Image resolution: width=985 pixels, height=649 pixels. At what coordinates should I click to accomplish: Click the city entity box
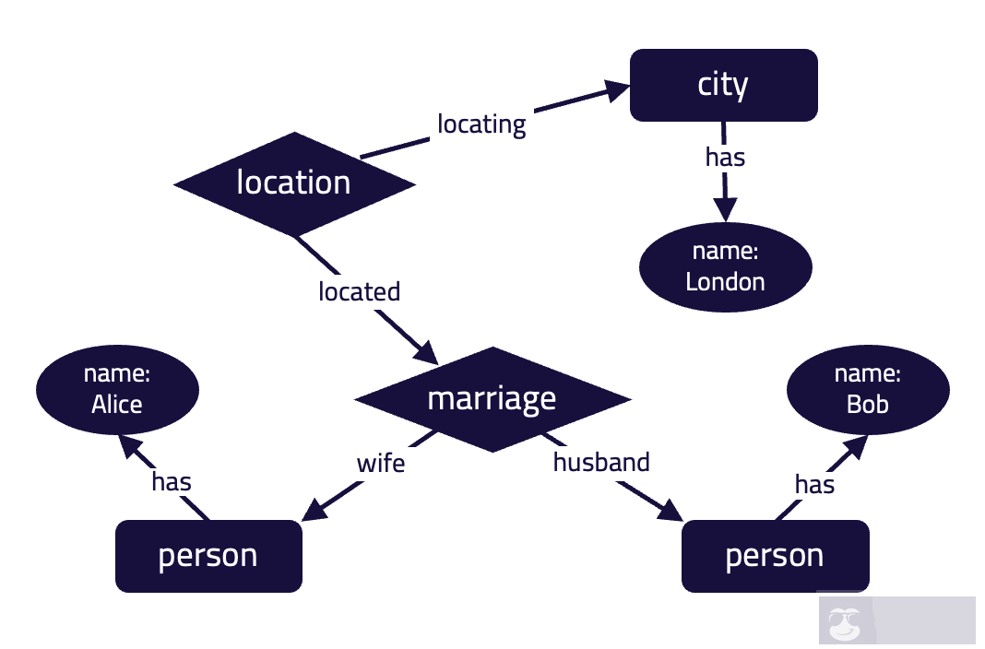pyautogui.click(x=723, y=85)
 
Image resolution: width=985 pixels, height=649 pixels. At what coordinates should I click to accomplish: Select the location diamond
pyautogui.click(x=294, y=183)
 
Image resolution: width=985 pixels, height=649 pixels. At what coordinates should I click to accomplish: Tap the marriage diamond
pyautogui.click(x=492, y=399)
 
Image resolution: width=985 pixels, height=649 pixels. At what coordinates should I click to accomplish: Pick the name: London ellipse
pyautogui.click(x=725, y=266)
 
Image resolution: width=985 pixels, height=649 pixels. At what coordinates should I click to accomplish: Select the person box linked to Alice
pyautogui.click(x=208, y=556)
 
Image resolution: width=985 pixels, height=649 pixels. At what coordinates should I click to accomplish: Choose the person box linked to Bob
pyautogui.click(x=775, y=556)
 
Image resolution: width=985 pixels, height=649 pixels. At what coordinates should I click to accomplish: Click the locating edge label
pyautogui.click(x=481, y=124)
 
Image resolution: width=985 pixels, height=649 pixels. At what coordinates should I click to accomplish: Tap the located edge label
pyautogui.click(x=359, y=292)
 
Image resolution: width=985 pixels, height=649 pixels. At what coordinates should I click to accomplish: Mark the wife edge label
pyautogui.click(x=381, y=463)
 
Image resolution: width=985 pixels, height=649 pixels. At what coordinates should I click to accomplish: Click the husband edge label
pyautogui.click(x=601, y=462)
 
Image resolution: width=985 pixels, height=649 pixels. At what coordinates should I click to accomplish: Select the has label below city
pyautogui.click(x=725, y=158)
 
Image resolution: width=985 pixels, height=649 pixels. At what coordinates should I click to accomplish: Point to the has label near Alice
pyautogui.click(x=172, y=481)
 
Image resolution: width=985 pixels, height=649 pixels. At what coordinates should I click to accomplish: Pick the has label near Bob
pyautogui.click(x=814, y=484)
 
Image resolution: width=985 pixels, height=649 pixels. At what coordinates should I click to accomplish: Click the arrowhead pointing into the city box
pyautogui.click(x=616, y=89)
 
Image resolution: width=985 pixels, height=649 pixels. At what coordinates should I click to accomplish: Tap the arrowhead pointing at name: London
pyautogui.click(x=726, y=209)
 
